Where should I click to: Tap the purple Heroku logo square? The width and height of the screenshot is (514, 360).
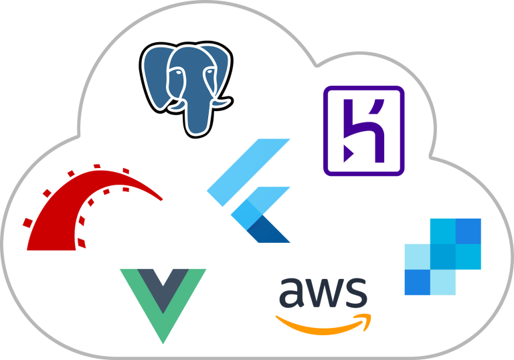[364, 131]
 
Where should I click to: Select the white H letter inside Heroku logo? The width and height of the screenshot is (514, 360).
[365, 131]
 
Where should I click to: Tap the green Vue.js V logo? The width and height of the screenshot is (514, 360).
[163, 301]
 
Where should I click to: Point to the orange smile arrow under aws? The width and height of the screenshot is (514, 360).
[321, 325]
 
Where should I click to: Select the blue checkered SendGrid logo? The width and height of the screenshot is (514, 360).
[442, 256]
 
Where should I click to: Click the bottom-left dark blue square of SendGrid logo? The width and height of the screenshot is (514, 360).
[417, 282]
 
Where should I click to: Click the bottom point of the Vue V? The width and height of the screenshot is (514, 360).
[163, 338]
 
